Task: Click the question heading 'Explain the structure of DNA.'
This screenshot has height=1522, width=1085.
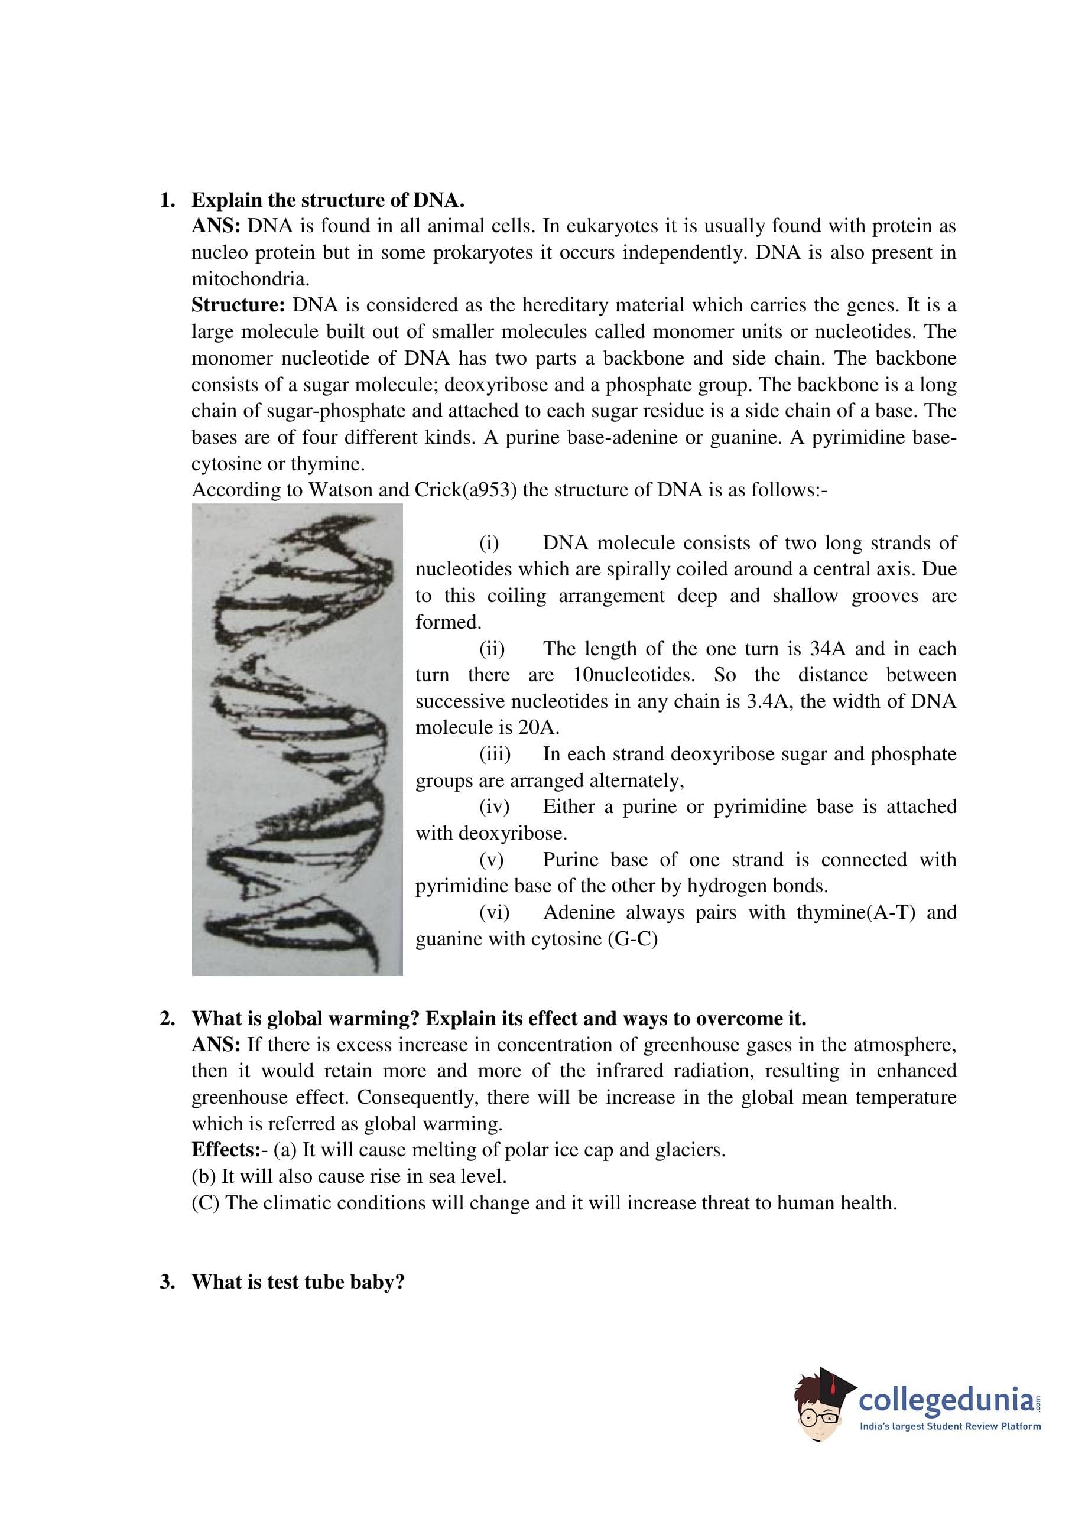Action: (x=327, y=200)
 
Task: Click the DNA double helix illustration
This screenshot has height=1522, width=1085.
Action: (x=297, y=739)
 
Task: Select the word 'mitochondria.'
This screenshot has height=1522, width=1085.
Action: (x=251, y=278)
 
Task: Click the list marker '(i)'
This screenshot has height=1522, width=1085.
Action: (x=489, y=543)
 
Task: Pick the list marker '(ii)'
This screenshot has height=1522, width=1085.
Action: (x=492, y=649)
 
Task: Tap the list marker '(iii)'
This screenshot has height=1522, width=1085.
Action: (x=495, y=754)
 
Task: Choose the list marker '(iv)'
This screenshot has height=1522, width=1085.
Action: (x=493, y=806)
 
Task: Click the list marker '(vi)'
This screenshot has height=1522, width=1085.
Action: (x=493, y=912)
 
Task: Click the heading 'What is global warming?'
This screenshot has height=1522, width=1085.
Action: (x=306, y=1019)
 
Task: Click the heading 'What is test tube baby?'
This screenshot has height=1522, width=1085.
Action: (x=298, y=1282)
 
